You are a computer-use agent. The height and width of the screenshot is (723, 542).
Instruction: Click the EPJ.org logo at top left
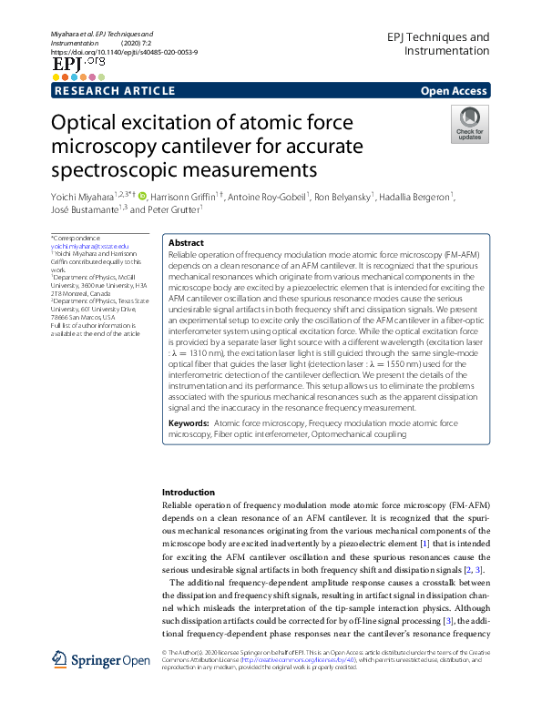click(78, 66)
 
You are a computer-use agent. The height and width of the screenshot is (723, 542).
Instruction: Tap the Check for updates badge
click(469, 124)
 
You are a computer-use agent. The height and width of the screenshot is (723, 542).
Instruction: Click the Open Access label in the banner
click(455, 91)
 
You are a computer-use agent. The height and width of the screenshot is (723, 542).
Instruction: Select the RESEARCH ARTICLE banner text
click(115, 91)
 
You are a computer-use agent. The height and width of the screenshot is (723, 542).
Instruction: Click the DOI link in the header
click(125, 52)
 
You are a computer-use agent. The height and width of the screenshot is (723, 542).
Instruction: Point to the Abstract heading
click(187, 244)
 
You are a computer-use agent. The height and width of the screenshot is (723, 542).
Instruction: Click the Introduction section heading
click(189, 492)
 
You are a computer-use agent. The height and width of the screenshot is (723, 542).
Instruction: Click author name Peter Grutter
click(173, 209)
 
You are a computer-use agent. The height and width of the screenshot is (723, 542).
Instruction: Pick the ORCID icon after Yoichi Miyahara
click(142, 196)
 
